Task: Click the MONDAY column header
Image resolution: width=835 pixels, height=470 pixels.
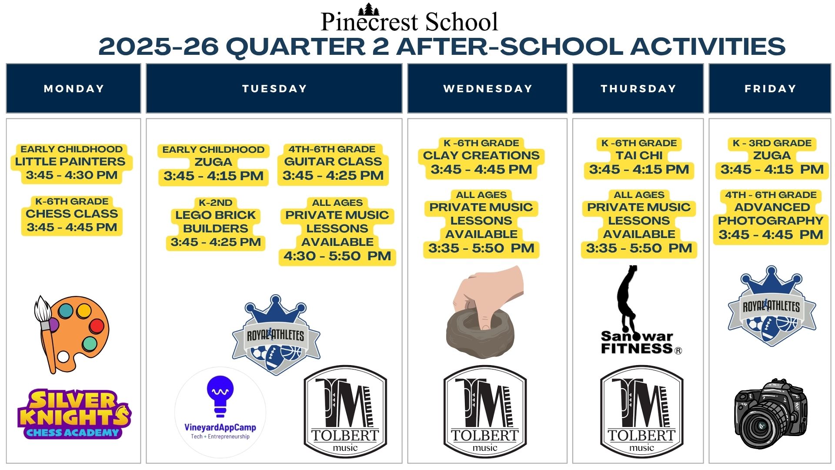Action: [x=73, y=88]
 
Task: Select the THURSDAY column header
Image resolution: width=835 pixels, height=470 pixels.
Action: [x=638, y=88]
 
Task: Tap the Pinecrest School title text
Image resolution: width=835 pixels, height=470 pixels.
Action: [x=409, y=22]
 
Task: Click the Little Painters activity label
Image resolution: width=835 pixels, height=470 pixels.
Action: [x=70, y=161]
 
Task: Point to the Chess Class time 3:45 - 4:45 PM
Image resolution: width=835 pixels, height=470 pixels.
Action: [x=72, y=227]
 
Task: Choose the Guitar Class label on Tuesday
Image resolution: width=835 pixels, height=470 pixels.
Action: [x=333, y=161]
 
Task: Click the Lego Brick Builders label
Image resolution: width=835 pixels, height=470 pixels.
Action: [x=216, y=222]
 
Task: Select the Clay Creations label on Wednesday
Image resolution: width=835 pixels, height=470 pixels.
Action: [x=481, y=155]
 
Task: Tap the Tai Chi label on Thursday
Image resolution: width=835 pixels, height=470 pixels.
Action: [x=639, y=155]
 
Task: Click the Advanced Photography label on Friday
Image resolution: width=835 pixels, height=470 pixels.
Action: [x=771, y=214]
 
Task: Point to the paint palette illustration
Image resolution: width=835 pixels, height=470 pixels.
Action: [x=71, y=334]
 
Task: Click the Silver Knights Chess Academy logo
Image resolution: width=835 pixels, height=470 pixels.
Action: [x=74, y=414]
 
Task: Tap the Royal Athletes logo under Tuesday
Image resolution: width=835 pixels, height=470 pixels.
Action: [x=276, y=335]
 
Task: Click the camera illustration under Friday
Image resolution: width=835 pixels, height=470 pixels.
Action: [x=771, y=414]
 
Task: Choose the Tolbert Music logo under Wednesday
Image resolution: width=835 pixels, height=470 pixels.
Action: [x=485, y=412]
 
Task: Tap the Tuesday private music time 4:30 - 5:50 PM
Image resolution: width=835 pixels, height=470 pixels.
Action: [x=337, y=256]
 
